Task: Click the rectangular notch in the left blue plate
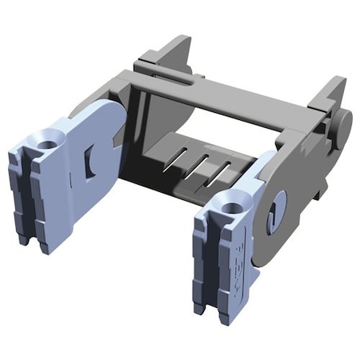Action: point(90,161)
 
